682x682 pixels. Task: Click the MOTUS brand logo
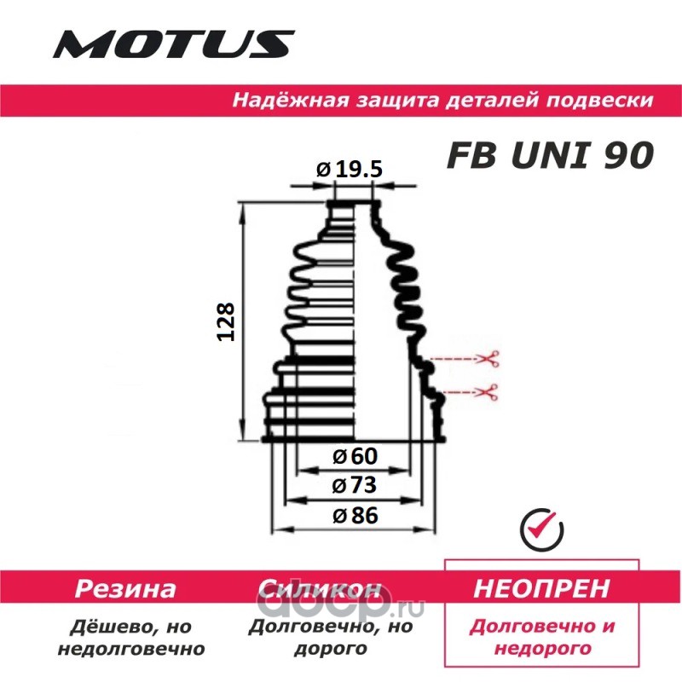[174, 42]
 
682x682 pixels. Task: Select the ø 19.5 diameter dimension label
[349, 170]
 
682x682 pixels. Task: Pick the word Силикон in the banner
[318, 589]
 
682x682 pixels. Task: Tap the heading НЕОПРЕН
[541, 588]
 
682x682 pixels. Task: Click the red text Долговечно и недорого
[542, 637]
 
